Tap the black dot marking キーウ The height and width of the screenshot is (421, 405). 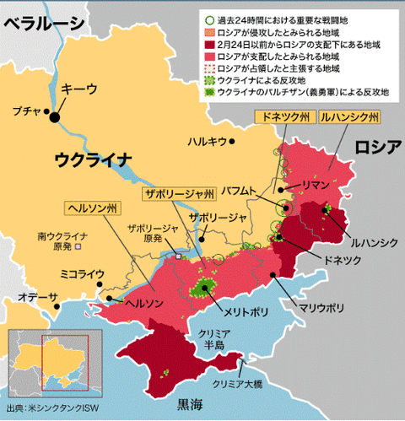click(x=56, y=117)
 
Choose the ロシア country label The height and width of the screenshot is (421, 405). click(x=376, y=146)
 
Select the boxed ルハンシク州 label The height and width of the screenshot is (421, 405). click(x=349, y=116)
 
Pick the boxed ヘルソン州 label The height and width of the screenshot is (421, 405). click(x=94, y=207)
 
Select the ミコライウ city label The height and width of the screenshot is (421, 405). click(x=82, y=274)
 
